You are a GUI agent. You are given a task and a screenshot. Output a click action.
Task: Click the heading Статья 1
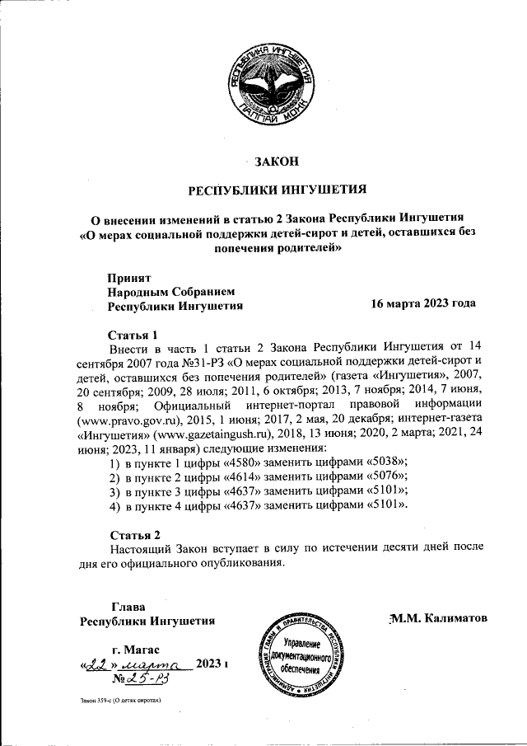pos(133,335)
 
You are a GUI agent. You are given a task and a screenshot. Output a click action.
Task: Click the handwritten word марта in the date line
pos(166,664)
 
